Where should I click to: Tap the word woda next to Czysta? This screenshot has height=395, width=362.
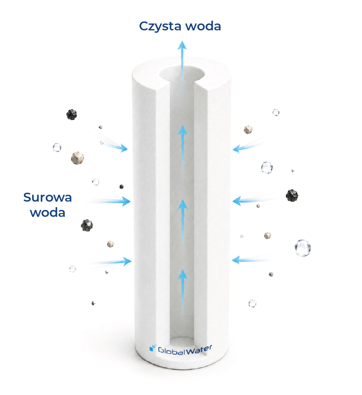tap(203, 26)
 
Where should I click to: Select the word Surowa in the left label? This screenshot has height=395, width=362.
tap(48, 197)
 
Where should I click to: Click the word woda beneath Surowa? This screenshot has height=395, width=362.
tap(48, 212)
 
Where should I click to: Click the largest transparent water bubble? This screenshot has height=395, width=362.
tap(303, 248)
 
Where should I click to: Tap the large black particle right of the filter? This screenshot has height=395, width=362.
tap(292, 195)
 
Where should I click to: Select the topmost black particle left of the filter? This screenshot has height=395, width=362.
tap(72, 115)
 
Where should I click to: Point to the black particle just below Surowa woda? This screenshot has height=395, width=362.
tap(87, 225)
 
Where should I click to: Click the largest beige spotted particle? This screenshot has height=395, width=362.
tap(77, 158)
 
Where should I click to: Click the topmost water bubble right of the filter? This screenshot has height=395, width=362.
tap(276, 112)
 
